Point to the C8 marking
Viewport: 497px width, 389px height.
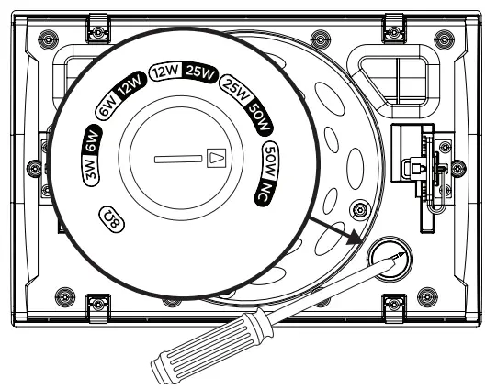[x=110, y=219]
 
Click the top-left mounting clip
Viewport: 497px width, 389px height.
[x=95, y=28]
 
